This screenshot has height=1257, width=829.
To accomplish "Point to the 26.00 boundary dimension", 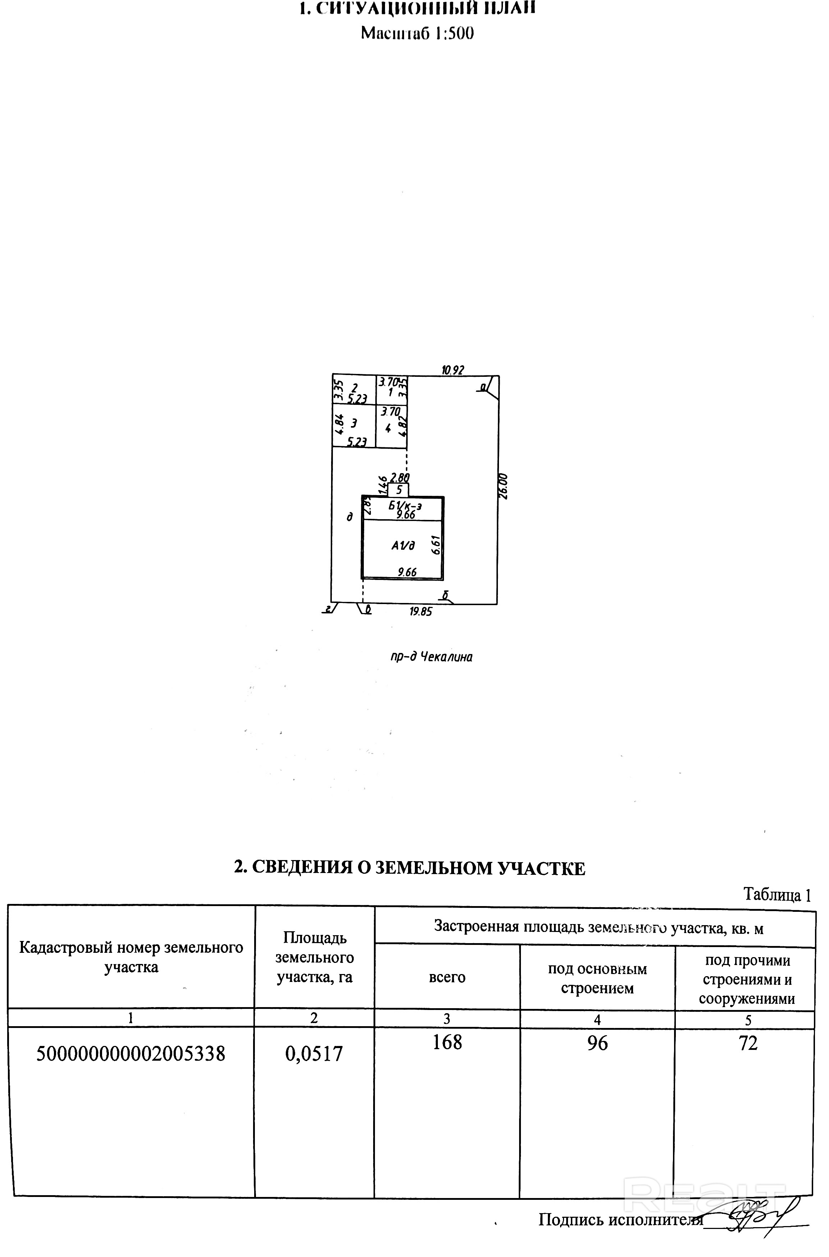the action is pos(503,486).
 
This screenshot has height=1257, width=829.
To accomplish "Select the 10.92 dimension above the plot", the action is pos(453,370).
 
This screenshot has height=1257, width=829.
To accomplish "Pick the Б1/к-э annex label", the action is pos(405,506).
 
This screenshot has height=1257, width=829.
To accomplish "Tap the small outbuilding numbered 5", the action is pos(399,490).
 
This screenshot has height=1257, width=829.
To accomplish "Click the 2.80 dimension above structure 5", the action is pos(400,477).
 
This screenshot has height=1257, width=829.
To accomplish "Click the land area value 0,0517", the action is pos(314,1053).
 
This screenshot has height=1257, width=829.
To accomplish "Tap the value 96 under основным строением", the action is pos(597,1043).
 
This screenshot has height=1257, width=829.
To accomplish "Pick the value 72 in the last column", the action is pos(748,1043).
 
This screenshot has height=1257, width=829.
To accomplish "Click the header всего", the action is pos(447,977).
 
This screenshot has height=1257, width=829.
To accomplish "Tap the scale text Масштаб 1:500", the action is pos(417,33).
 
